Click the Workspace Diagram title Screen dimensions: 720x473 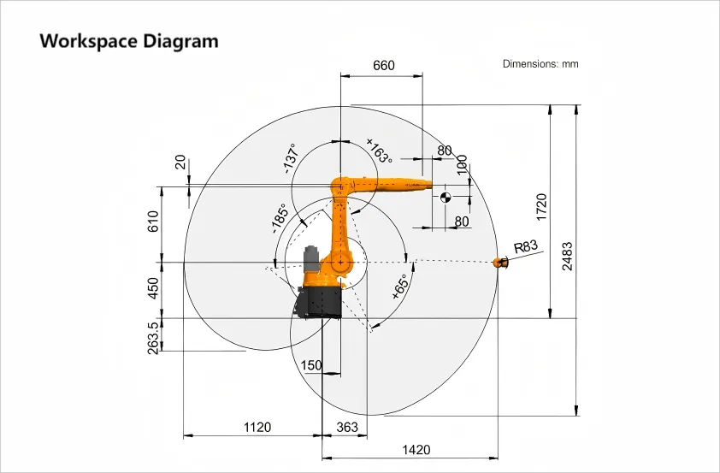pos(129,41)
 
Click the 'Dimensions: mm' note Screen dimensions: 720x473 pos(540,64)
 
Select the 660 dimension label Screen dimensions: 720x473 pos(383,65)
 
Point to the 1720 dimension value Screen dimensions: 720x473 pos(542,207)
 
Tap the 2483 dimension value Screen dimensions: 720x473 pos(568,257)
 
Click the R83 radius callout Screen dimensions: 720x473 pos(525,246)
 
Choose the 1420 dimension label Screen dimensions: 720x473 pos(416,450)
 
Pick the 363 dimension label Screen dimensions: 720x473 pos(347,427)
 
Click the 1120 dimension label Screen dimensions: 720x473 pos(257,427)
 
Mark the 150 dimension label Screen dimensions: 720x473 pos(311,365)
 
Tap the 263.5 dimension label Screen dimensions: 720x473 pos(153,338)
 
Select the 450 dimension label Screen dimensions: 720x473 pos(153,288)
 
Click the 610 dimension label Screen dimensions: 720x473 pos(153,222)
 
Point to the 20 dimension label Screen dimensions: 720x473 pos(180,163)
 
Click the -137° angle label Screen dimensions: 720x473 pos(291,158)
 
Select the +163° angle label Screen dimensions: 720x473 pos(380,151)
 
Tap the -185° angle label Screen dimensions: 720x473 pos(280,218)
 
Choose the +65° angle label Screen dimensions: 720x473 pos(400,287)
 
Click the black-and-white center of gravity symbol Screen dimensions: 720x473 pos(446,198)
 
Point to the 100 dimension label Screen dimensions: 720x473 pos(462,164)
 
